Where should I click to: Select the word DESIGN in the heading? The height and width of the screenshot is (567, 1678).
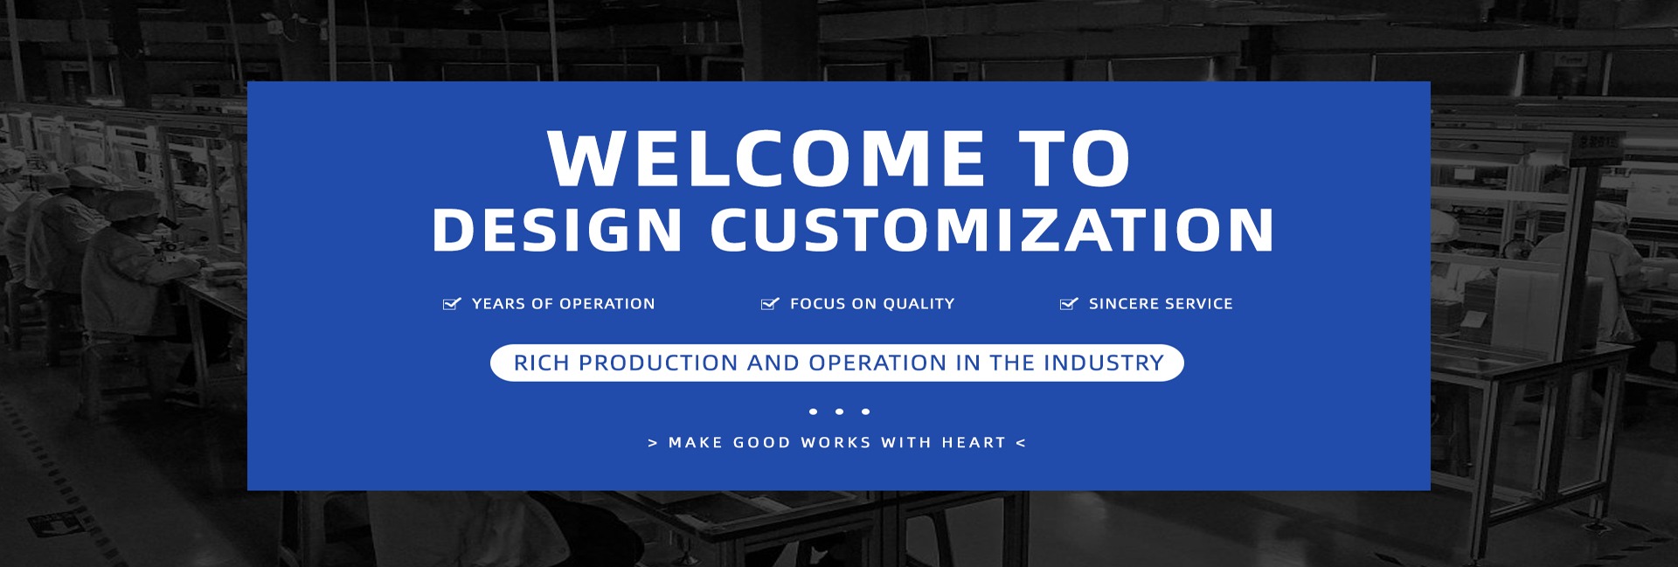coord(557,230)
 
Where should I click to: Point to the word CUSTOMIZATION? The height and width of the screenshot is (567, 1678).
coord(992,230)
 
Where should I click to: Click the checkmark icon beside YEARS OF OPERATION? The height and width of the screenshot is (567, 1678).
coord(452,303)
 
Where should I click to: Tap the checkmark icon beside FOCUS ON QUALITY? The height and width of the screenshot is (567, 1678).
coord(770,303)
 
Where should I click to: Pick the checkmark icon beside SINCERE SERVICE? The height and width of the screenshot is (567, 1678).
coord(1069,303)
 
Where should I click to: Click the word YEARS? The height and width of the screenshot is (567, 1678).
coord(499,304)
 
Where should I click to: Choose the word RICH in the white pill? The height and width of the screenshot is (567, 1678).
coord(542,363)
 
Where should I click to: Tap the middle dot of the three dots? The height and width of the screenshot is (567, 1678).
coord(839,411)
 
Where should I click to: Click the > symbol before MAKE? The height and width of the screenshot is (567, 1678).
coord(653,443)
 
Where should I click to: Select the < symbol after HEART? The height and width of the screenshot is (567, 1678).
coord(1021,443)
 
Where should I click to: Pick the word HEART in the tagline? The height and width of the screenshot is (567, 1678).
coord(974,443)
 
